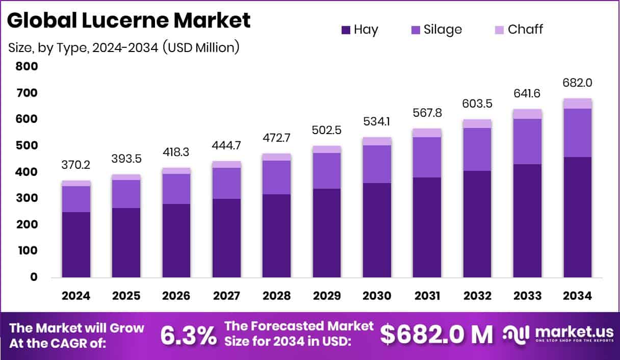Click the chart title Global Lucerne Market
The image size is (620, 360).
pos(129,20)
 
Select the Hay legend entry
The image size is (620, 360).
pos(359,30)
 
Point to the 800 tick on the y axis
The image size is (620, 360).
pos(27,66)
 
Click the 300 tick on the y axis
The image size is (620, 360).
pos(27,198)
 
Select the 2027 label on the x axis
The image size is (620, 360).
pos(226,296)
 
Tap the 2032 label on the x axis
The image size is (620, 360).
pos(477,296)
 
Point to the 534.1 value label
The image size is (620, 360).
pos(377,122)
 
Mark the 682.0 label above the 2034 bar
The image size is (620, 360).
pos(578,83)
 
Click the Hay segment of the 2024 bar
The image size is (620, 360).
pos(76,245)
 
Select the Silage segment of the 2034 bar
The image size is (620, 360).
pos(578,133)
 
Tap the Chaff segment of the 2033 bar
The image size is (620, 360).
pos(527,114)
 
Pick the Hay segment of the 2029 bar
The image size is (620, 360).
pos(327,233)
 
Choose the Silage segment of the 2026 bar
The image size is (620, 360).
pos(176,189)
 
